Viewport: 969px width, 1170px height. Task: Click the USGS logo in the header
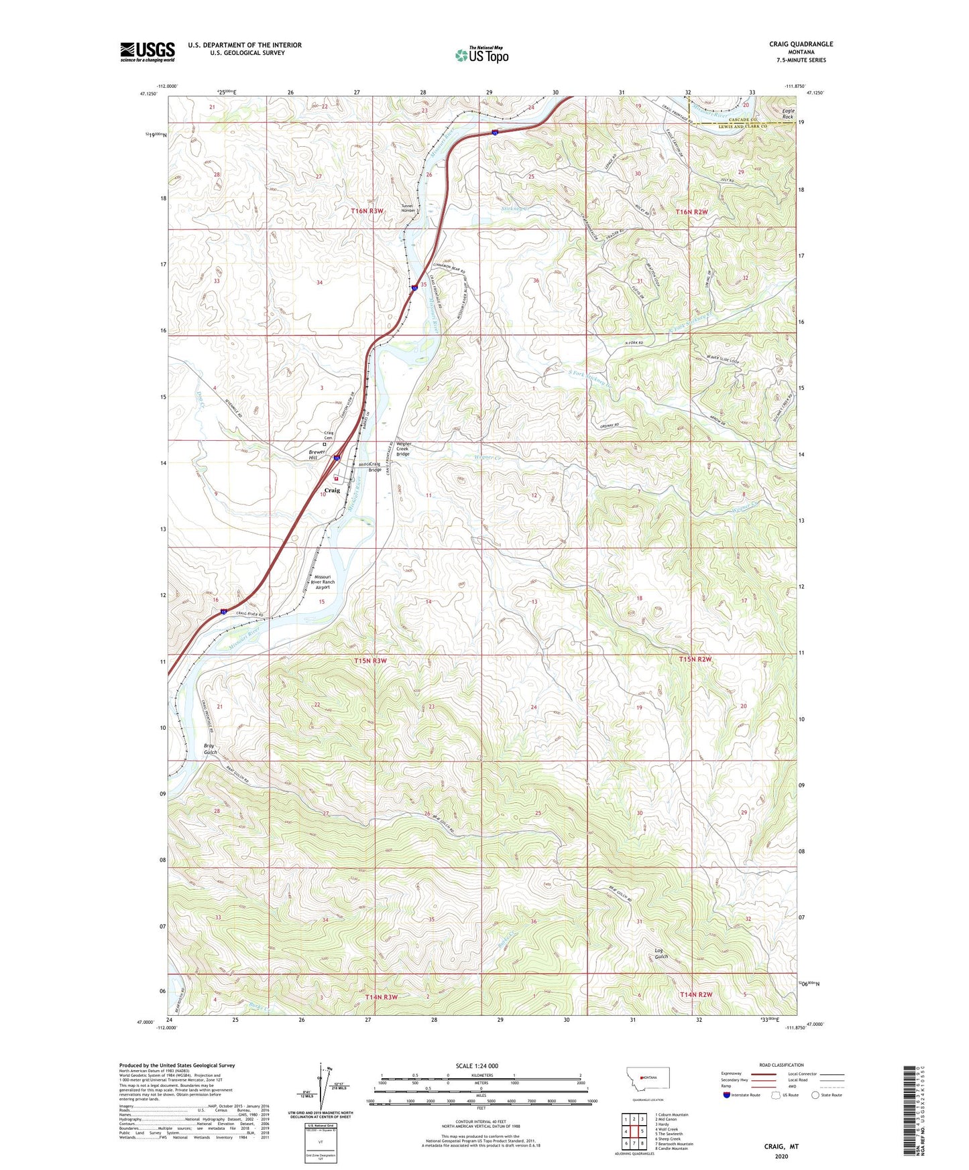point(148,52)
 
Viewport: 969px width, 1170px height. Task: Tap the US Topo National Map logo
point(481,54)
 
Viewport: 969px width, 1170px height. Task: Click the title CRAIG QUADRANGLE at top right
point(801,44)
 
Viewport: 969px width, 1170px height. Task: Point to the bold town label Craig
point(332,491)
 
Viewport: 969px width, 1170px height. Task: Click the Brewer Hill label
point(317,454)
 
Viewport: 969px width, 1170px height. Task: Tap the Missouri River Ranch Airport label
point(323,582)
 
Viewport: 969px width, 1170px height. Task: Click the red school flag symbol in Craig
point(336,479)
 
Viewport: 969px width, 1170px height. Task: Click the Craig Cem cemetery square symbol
point(325,444)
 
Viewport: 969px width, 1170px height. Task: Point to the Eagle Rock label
point(787,114)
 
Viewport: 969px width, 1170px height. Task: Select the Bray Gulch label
point(211,749)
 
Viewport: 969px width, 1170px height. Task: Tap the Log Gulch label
point(661,954)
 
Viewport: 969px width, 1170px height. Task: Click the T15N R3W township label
point(371,661)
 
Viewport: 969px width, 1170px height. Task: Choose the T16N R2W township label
point(691,212)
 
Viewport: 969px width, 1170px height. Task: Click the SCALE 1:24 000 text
point(477,1066)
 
